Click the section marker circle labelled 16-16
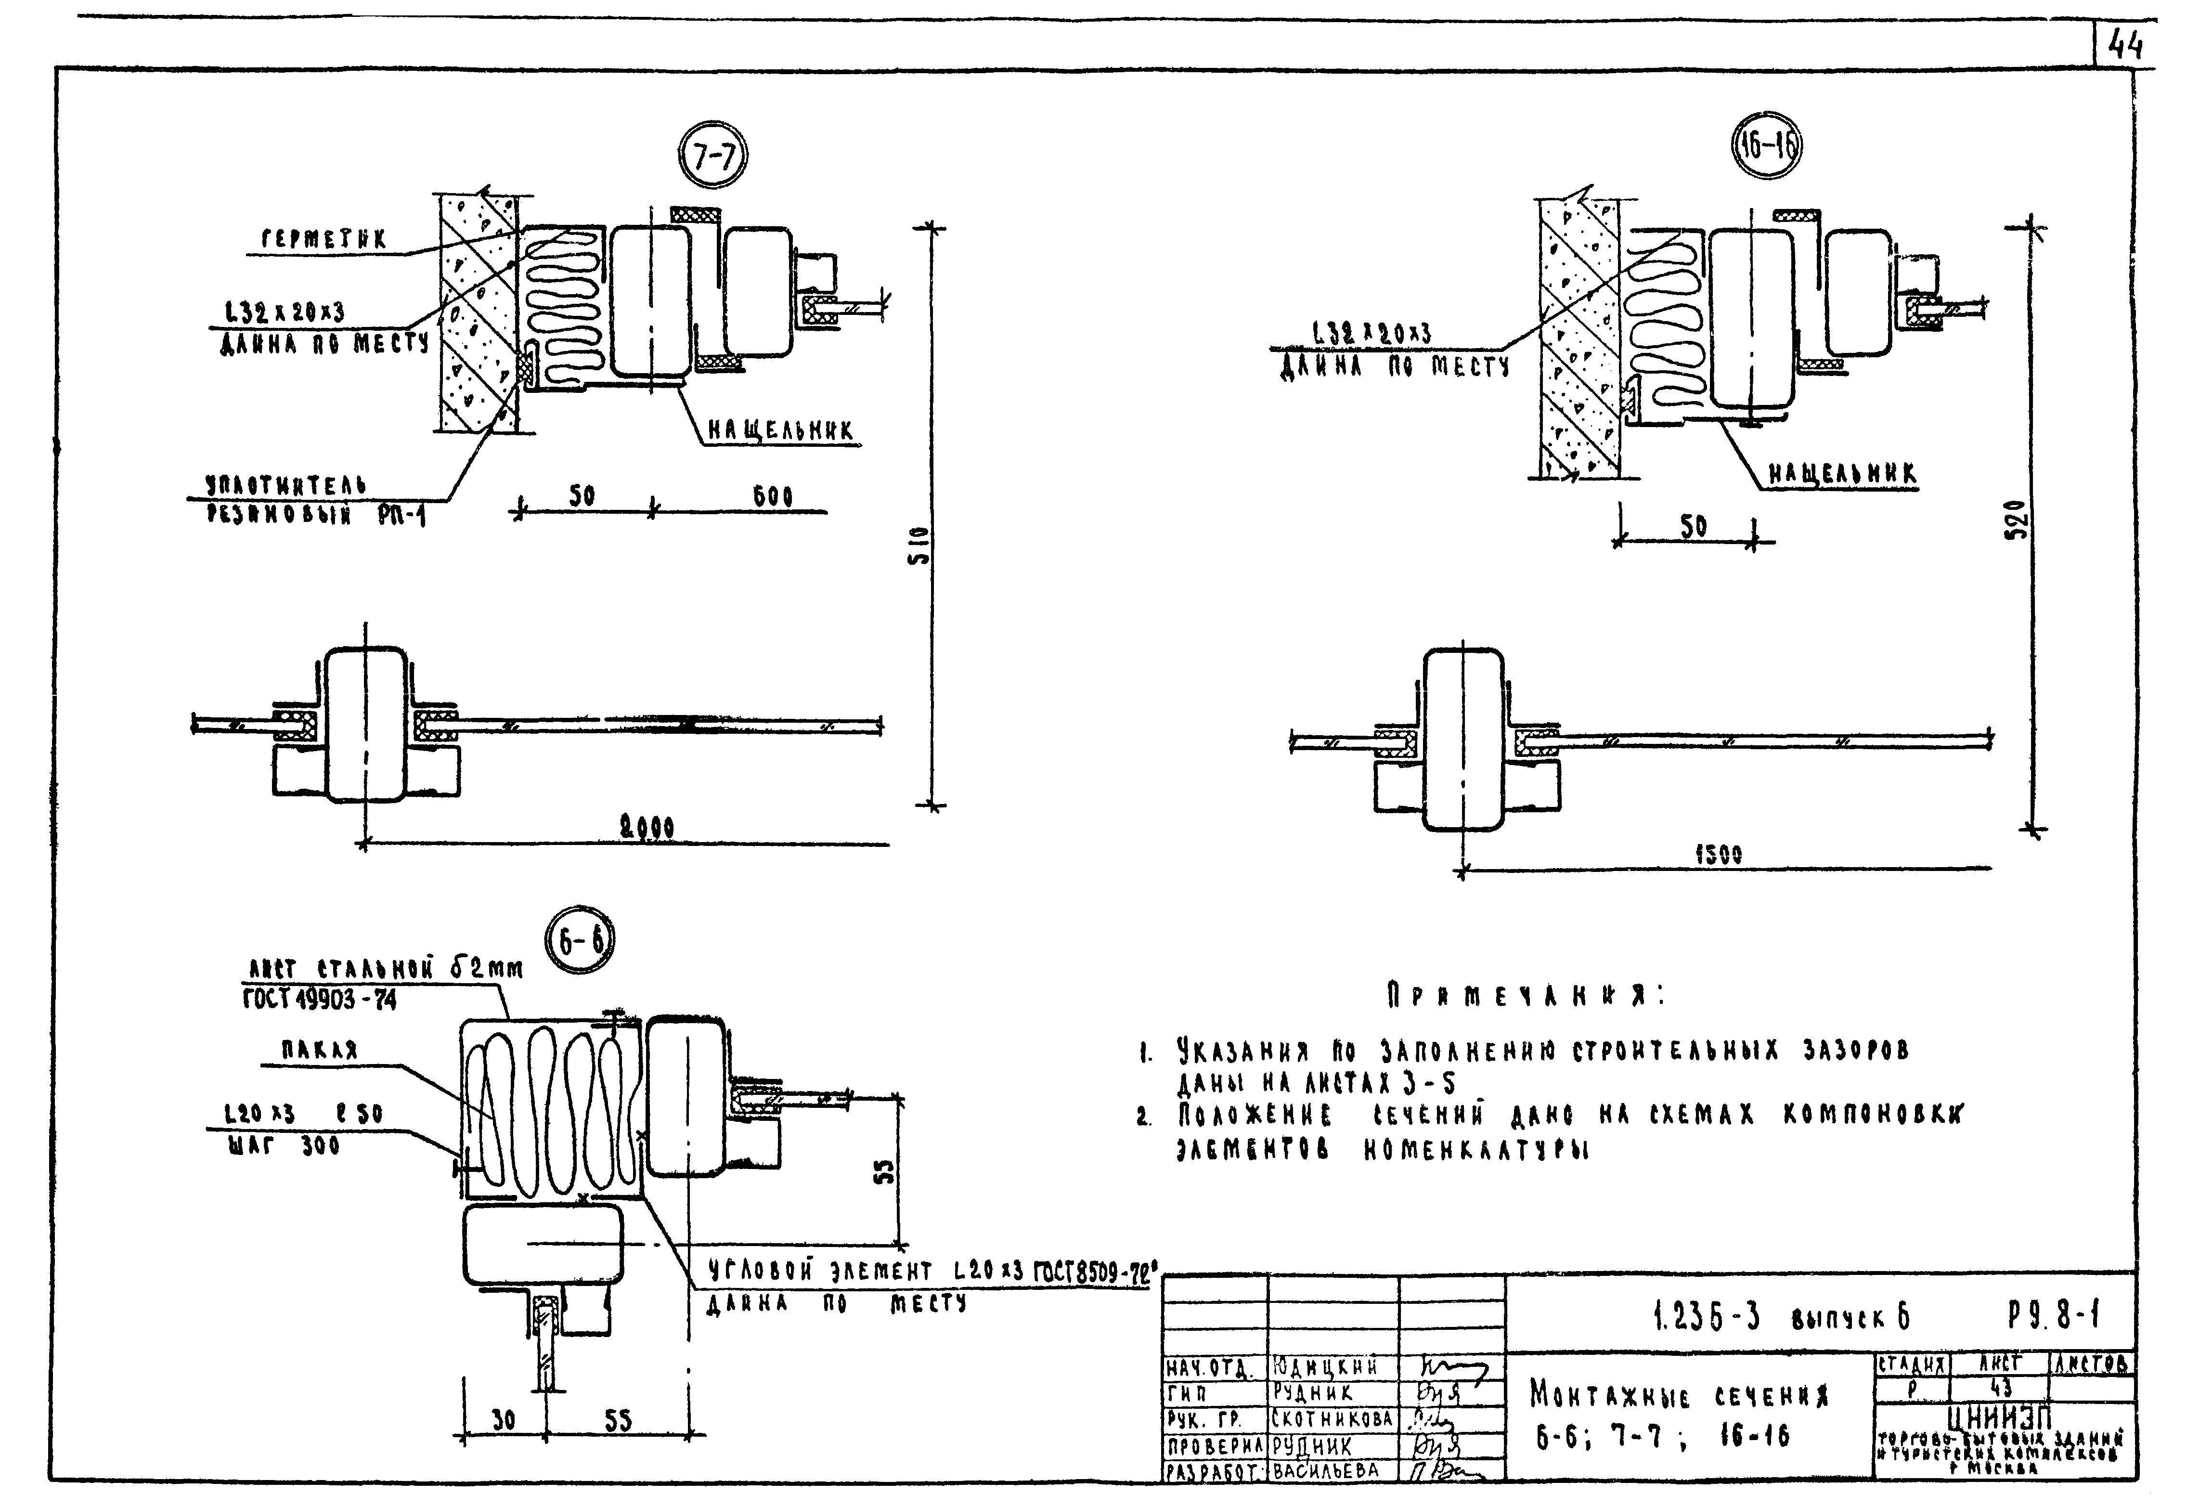(1766, 148)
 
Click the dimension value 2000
(647, 828)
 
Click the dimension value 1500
(1718, 855)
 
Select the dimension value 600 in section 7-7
(773, 496)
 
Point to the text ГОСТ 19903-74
(319, 1000)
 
